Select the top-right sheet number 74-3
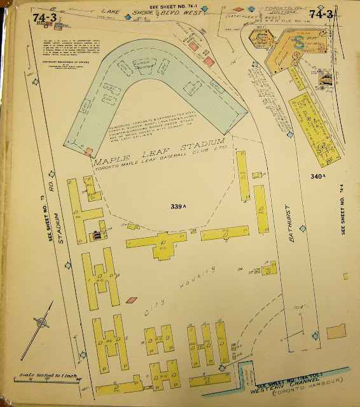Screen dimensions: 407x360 321,13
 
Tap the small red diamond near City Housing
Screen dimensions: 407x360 132,300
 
